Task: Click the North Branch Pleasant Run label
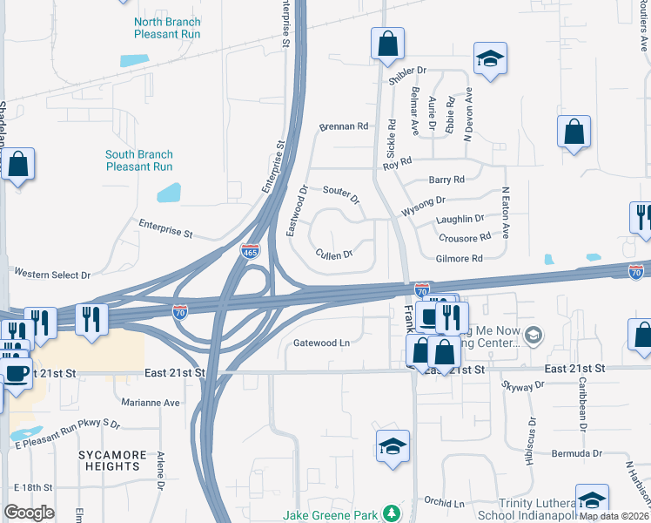(x=167, y=28)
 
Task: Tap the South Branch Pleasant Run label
(x=138, y=160)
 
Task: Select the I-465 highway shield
(x=250, y=251)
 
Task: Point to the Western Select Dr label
(x=52, y=275)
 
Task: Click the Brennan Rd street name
(x=344, y=126)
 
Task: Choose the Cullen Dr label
(x=334, y=255)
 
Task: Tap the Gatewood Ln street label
(x=321, y=343)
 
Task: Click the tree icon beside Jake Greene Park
(x=393, y=513)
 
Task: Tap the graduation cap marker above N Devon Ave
(x=490, y=59)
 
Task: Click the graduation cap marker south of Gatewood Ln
(x=393, y=447)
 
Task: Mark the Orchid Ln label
(x=445, y=503)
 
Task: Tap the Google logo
(x=30, y=513)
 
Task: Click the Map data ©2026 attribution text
(x=614, y=516)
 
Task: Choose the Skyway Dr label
(x=523, y=384)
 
